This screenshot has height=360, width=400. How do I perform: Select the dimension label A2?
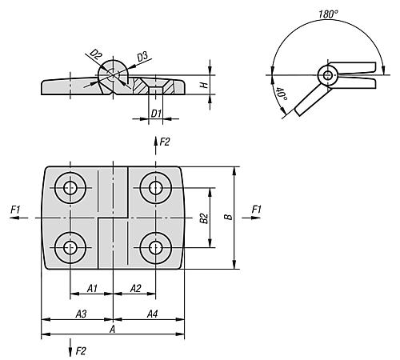pos(135,288)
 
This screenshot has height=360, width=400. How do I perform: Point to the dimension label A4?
pos(152,314)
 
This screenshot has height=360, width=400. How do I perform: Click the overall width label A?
pos(112,329)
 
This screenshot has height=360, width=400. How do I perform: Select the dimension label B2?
pos(204,217)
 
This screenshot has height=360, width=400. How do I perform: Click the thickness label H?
pos(204,82)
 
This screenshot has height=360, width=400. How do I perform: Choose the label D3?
pos(141,56)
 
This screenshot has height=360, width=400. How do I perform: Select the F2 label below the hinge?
pos(80,350)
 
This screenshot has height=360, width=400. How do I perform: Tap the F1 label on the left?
pos(15,209)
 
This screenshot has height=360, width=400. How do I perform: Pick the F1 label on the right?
pos(256,209)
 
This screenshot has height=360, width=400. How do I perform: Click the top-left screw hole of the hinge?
pos(70,189)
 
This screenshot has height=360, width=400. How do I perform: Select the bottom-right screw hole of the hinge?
pos(154,246)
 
